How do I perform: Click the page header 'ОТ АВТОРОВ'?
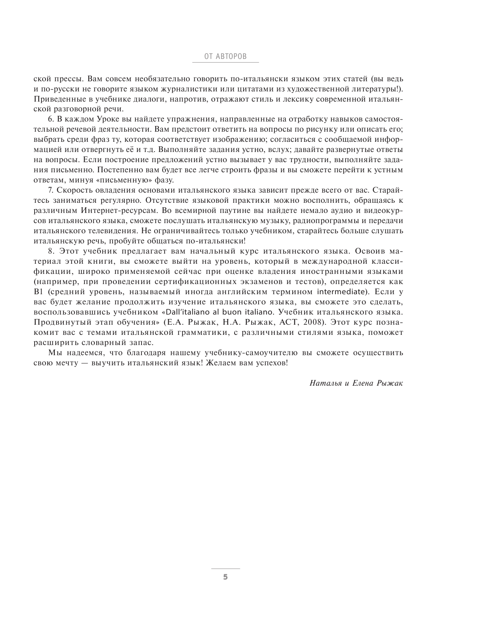225,56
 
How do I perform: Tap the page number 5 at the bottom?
225,577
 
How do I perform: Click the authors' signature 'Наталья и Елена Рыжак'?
356,383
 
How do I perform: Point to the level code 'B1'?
38,292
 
